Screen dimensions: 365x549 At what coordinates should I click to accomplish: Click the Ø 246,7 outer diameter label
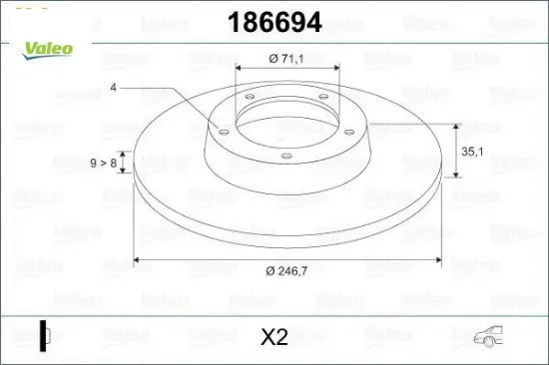click(x=287, y=269)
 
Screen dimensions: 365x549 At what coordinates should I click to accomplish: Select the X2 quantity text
click(x=274, y=337)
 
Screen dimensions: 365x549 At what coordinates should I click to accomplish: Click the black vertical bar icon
click(x=42, y=336)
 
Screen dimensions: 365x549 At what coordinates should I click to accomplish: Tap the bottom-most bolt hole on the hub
click(x=284, y=155)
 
